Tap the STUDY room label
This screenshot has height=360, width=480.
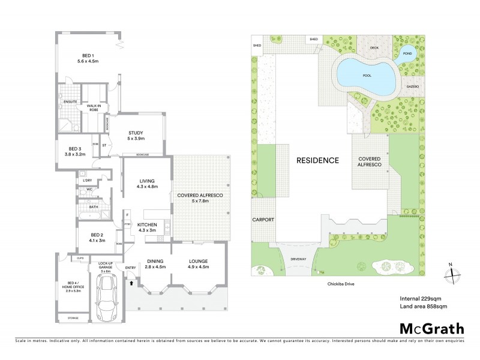(x=136, y=136)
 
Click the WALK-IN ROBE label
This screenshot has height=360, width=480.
(x=92, y=107)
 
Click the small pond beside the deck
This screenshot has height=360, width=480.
(x=406, y=52)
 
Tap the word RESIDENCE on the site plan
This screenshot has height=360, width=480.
(x=317, y=160)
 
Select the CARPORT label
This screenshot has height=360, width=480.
(x=263, y=220)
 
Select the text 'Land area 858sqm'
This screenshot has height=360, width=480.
(x=424, y=307)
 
